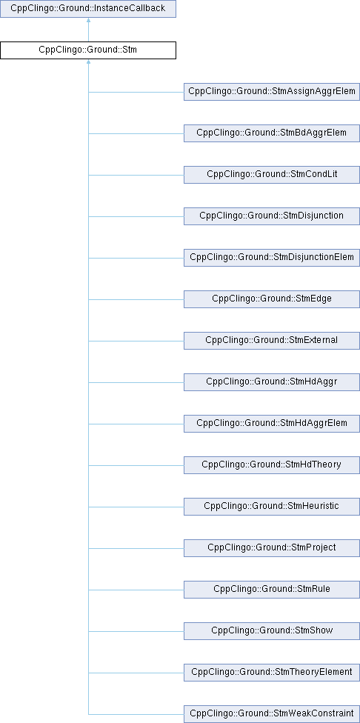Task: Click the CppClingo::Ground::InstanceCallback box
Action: (88, 9)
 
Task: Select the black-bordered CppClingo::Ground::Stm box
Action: (88, 50)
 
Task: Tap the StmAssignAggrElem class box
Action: (272, 92)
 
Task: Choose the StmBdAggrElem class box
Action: (272, 133)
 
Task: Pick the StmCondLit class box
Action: (272, 175)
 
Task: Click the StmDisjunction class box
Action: (272, 216)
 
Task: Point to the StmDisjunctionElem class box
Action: (272, 258)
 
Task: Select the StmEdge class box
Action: (272, 299)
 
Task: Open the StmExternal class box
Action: (272, 341)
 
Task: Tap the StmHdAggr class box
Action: (272, 382)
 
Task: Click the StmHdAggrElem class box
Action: (272, 424)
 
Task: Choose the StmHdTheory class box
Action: (272, 465)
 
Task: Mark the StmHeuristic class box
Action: (272, 507)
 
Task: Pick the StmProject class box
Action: (272, 548)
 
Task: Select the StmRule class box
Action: (272, 590)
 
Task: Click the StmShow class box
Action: (272, 631)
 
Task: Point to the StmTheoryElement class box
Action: (272, 673)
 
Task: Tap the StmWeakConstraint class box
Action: (272, 714)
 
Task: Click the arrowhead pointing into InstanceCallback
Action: (88, 21)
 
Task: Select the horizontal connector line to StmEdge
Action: (136, 299)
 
